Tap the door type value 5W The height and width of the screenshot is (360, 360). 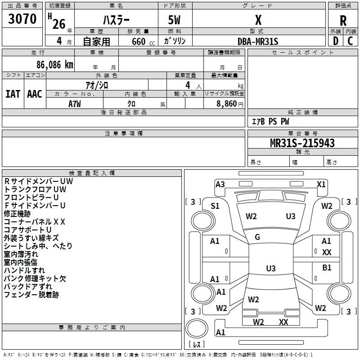[175, 20]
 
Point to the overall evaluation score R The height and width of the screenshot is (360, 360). [343, 20]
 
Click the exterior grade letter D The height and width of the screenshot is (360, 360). [335, 41]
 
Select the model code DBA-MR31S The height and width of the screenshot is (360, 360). [258, 41]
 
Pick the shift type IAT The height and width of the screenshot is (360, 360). [13, 94]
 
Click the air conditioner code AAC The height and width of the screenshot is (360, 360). [35, 94]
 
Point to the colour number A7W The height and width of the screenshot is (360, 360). [75, 103]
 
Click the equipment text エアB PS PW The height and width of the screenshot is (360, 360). [270, 122]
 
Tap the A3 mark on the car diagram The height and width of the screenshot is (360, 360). [220, 184]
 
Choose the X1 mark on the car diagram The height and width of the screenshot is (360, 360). [321, 184]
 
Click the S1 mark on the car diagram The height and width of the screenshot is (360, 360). [215, 206]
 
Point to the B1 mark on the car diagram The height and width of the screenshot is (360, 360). [327, 268]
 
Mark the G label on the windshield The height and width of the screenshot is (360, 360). [257, 237]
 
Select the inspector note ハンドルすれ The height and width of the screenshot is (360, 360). [24, 270]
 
